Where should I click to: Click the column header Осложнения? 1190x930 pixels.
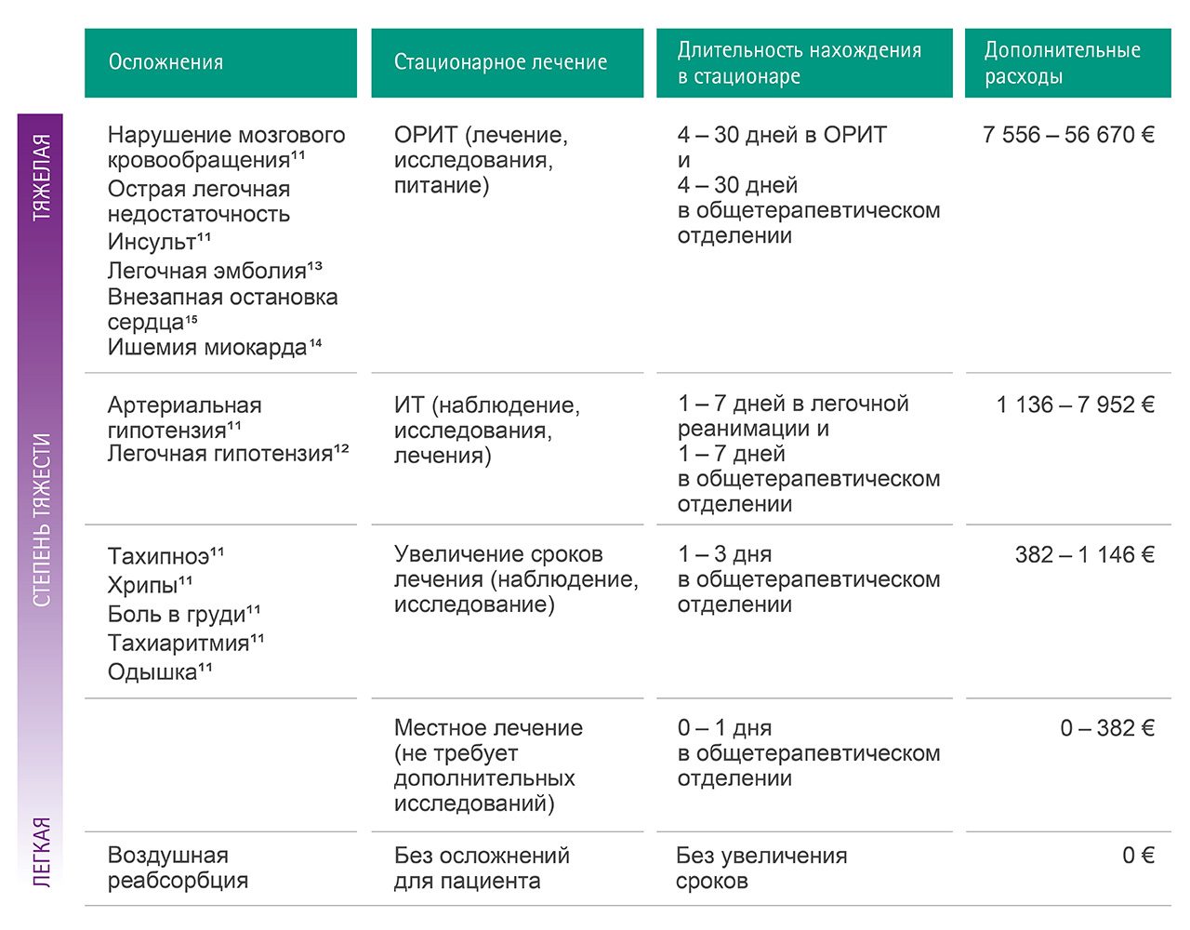[x=165, y=62]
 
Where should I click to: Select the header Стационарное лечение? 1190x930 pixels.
[x=500, y=62]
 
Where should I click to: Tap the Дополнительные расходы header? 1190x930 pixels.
[x=1062, y=62]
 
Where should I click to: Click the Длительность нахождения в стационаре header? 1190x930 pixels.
[x=799, y=62]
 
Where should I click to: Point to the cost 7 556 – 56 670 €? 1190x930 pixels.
[x=1067, y=135]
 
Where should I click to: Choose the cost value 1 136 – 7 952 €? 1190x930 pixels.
[x=1074, y=405]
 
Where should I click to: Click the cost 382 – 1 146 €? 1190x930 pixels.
[x=1083, y=555]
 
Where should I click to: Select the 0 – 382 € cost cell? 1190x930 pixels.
[x=1106, y=728]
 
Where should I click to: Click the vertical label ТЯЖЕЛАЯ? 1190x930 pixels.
[x=41, y=177]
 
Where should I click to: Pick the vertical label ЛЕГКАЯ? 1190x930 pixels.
[x=41, y=851]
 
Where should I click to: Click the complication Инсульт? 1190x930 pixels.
[x=152, y=242]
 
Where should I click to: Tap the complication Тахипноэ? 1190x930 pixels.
[x=159, y=556]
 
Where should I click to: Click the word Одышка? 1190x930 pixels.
[x=153, y=671]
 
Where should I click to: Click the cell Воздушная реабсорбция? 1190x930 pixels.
[x=177, y=868]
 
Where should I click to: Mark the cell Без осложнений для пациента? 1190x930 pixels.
[x=481, y=868]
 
